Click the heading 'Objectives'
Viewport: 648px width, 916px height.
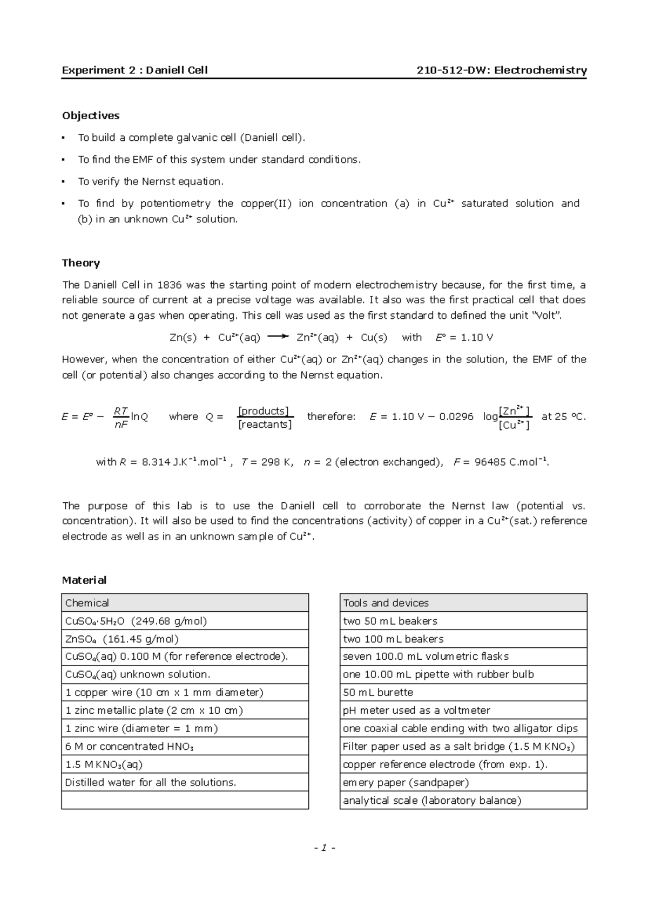(91, 115)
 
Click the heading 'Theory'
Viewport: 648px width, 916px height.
(81, 263)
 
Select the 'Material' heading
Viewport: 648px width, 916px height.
(84, 580)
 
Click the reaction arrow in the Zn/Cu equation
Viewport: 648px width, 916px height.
(278, 337)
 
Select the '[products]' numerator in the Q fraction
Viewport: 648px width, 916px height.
(264, 411)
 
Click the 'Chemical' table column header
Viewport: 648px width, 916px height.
(87, 603)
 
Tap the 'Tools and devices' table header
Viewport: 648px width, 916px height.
(386, 603)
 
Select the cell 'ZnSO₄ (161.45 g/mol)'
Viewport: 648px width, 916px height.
(122, 639)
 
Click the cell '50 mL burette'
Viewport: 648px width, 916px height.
(378, 692)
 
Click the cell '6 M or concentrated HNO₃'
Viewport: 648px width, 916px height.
(130, 746)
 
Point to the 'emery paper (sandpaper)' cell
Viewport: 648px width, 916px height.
(406, 782)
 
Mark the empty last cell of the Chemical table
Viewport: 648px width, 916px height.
(185, 800)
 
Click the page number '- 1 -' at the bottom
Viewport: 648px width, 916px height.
(325, 847)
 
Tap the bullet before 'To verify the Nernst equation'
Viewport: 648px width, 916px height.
(63, 182)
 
